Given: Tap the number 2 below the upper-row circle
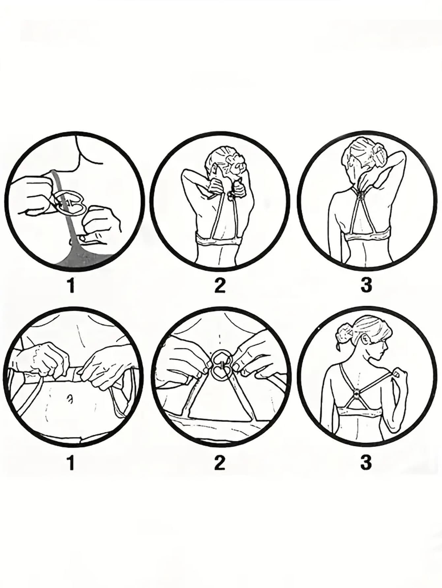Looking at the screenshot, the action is [220, 285].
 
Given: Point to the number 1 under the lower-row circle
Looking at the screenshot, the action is [71, 463].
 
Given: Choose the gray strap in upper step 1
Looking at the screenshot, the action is [68, 224].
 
